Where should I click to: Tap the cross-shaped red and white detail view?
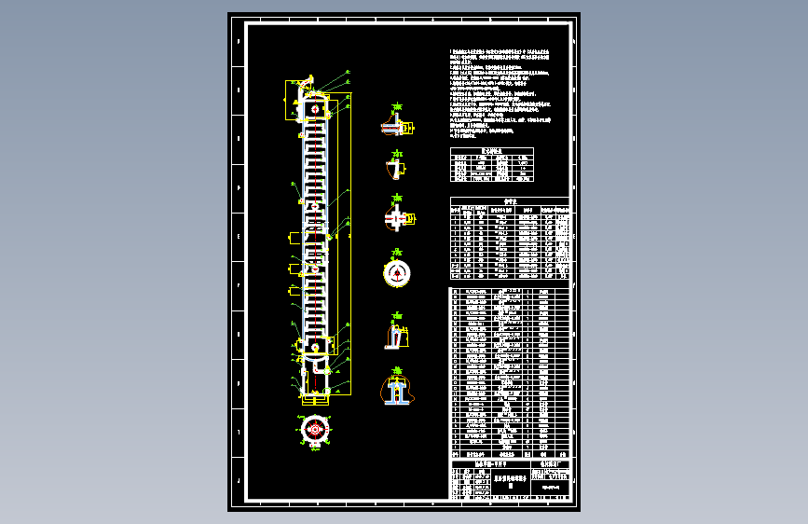point(397,219)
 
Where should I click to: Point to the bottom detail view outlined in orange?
point(397,390)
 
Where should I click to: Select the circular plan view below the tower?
point(316,430)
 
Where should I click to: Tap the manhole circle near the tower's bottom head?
point(317,350)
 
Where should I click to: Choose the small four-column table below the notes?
point(492,165)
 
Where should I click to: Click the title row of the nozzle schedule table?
point(509,200)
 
